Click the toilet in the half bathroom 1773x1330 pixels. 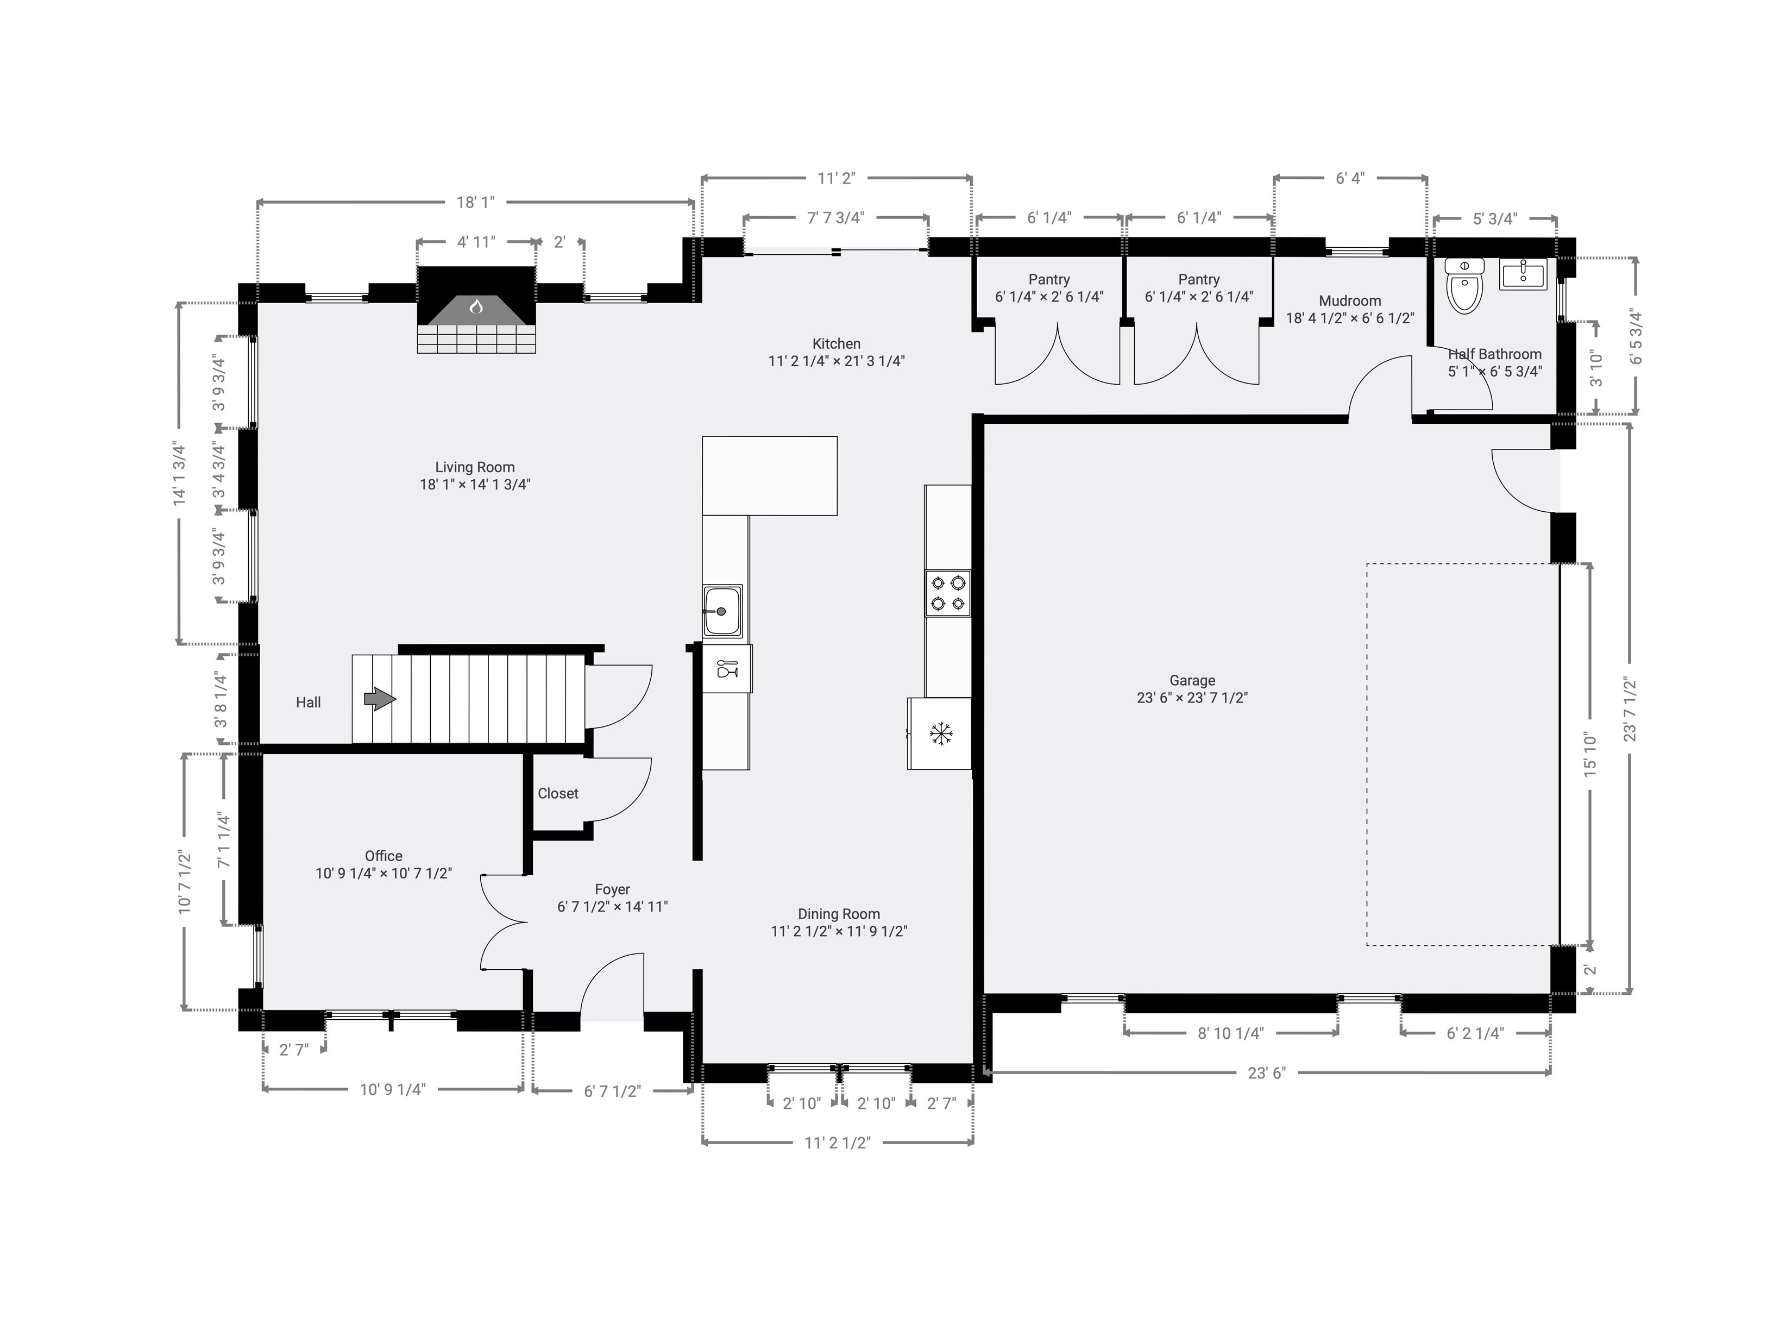point(1464,286)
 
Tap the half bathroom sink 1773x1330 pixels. point(1523,275)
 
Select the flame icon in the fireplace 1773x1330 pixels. point(476,306)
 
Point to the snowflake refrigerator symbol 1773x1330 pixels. point(940,733)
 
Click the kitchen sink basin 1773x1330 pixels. point(723,611)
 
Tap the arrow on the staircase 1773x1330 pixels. point(380,699)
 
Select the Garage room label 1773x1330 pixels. point(1192,681)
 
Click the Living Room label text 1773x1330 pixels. point(475,467)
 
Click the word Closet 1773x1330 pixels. point(558,794)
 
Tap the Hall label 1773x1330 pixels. point(308,702)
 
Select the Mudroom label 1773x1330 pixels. point(1350,300)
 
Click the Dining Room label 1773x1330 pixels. point(838,914)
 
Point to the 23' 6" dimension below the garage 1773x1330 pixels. point(1266,1072)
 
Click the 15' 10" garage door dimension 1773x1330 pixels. point(1590,755)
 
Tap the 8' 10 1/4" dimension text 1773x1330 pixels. point(1230,1033)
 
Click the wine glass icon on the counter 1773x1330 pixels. point(726,668)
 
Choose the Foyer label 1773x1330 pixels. point(612,890)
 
